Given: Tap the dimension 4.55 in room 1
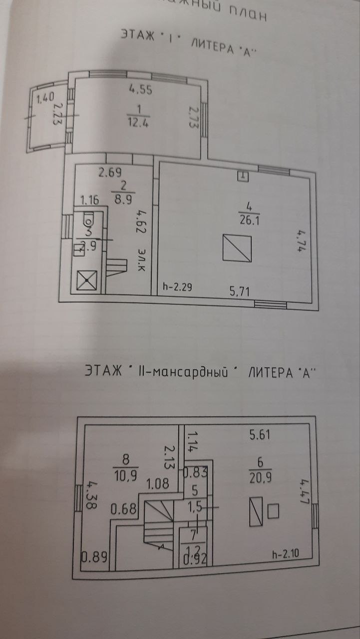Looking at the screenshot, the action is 140,90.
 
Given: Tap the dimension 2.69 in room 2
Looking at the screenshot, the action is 110,173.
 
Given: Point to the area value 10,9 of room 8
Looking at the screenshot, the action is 126,471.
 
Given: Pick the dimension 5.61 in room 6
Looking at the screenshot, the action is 260,435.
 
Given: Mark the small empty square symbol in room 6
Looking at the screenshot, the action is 273,511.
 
